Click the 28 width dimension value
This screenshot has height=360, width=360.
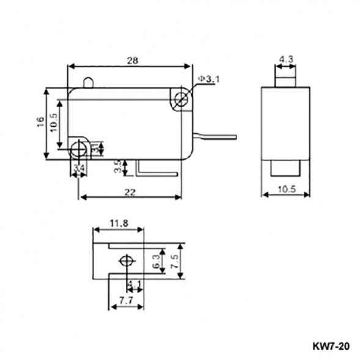coord(131,61)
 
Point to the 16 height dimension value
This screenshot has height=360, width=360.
coord(39,122)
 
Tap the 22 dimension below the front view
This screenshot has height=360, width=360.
coord(130,192)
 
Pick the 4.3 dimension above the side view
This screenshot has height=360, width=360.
coord(285,60)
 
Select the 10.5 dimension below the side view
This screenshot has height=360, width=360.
coord(286,191)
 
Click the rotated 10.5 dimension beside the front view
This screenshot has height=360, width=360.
coord(53,125)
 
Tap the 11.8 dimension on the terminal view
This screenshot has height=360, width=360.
coord(119,224)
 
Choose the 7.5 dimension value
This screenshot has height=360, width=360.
coord(175,262)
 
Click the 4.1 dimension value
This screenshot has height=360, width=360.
coord(135,284)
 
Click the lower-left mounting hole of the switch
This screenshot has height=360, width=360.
coord(78,149)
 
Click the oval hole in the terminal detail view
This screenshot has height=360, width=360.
coord(127,262)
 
